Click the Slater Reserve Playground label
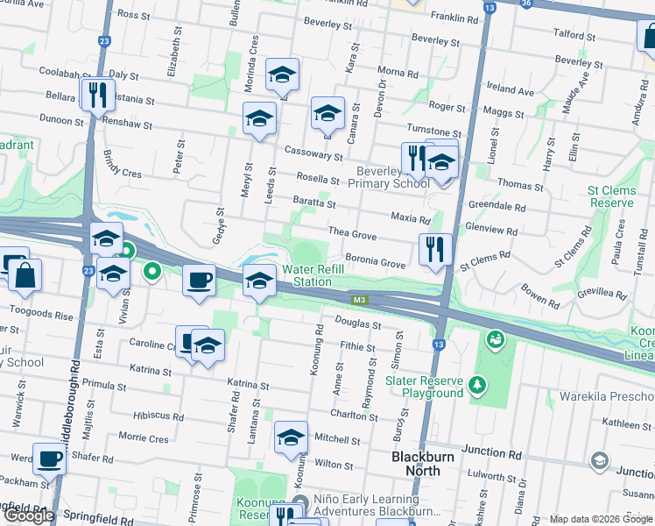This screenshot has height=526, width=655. [x=425, y=387]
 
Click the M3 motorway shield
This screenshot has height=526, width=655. [x=359, y=300]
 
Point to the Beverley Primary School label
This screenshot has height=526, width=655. [x=389, y=177]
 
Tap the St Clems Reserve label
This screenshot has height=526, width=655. [x=610, y=196]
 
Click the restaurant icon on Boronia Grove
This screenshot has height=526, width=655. [x=434, y=250]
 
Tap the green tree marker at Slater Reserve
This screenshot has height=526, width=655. [x=477, y=384]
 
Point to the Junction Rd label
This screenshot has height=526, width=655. [x=491, y=453]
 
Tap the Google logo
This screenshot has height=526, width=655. [x=30, y=515]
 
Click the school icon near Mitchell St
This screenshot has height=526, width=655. [x=291, y=437]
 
